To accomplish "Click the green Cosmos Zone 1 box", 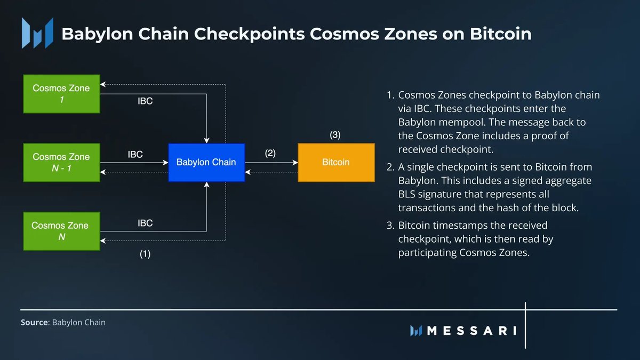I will tap(61, 94).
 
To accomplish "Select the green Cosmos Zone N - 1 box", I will tap(61, 163).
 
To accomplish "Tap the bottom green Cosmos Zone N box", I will tap(61, 231).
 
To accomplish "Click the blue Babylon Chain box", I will tap(206, 162).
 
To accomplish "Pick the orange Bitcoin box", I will tap(337, 162).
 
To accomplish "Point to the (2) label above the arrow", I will tap(270, 153).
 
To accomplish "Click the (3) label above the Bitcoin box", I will tap(335, 135).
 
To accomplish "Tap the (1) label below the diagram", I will tap(145, 254).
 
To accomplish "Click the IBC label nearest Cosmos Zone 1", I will tap(145, 101).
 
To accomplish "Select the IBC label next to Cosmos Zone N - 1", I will tap(135, 155).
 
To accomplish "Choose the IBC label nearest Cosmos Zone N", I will tap(145, 223).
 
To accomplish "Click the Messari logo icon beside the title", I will tap(37, 33).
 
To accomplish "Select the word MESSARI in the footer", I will tap(471, 331).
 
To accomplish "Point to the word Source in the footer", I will tap(34, 322).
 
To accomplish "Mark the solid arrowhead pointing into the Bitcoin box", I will tap(295, 162).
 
